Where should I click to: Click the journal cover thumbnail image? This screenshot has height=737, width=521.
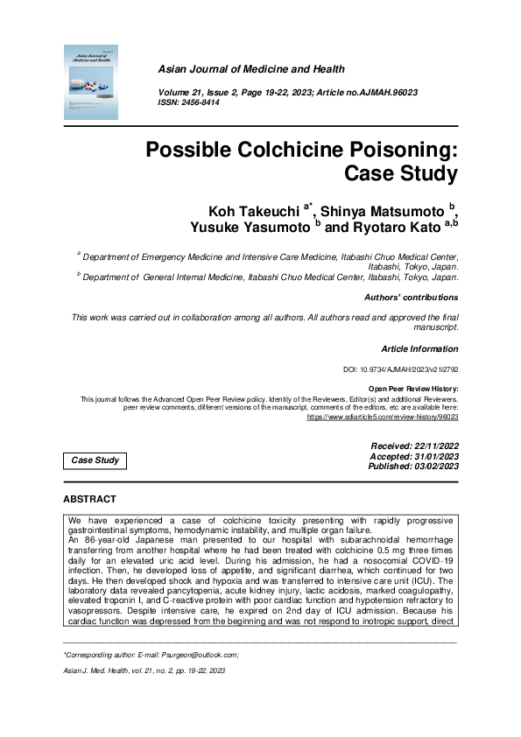point(90,83)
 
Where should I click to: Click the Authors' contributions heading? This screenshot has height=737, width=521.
point(411,298)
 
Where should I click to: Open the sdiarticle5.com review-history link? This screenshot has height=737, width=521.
point(383,418)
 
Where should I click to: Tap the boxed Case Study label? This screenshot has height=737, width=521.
point(96,460)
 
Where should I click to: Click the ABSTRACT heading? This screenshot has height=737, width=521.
point(89,499)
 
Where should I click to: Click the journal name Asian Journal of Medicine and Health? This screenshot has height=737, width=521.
point(250,69)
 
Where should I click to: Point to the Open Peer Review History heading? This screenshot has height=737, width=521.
point(414,389)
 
